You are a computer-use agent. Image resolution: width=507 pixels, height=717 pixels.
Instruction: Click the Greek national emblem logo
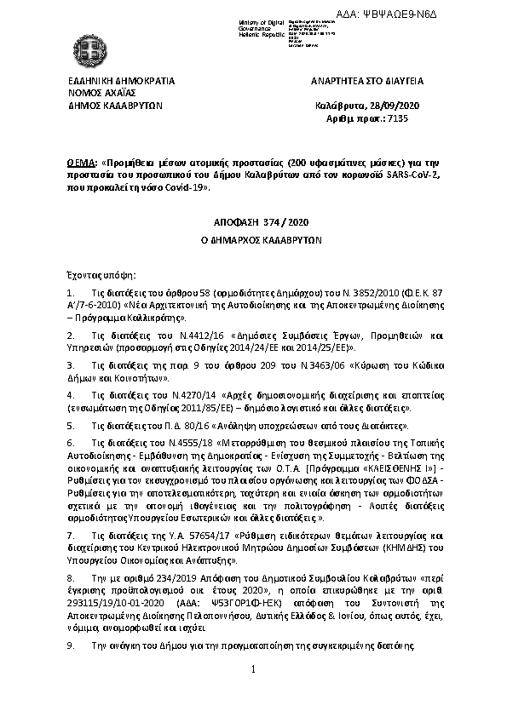(x=87, y=46)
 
